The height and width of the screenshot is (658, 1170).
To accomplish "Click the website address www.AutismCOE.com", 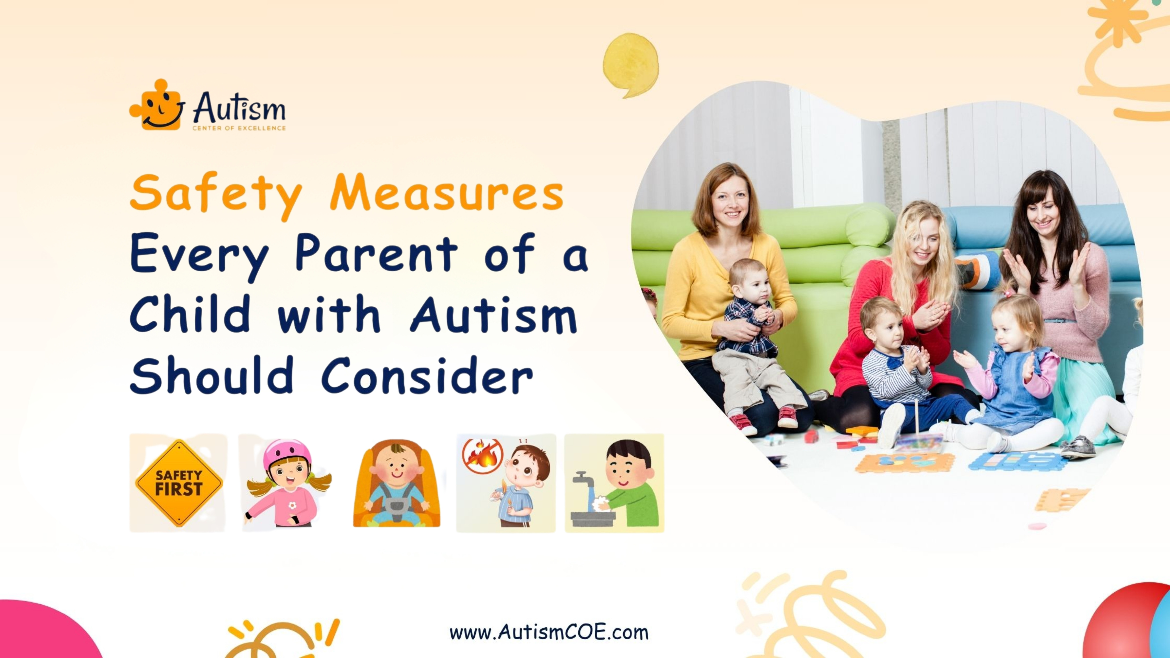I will [549, 632].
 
